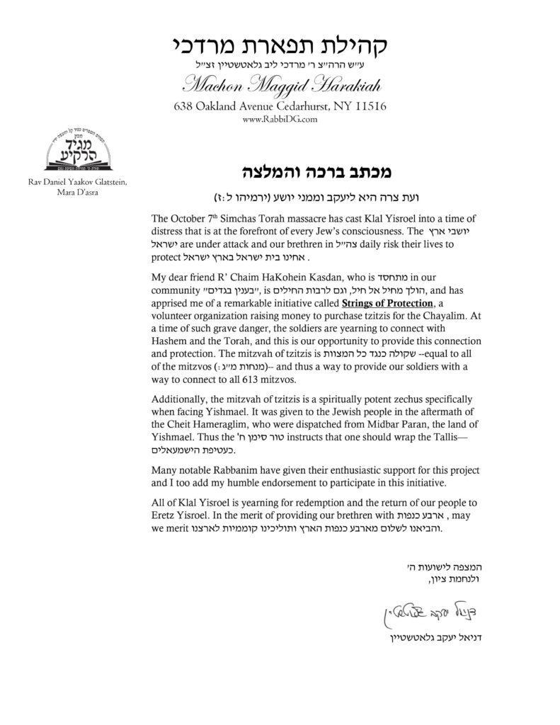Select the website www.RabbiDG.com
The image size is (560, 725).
(x=279, y=120)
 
